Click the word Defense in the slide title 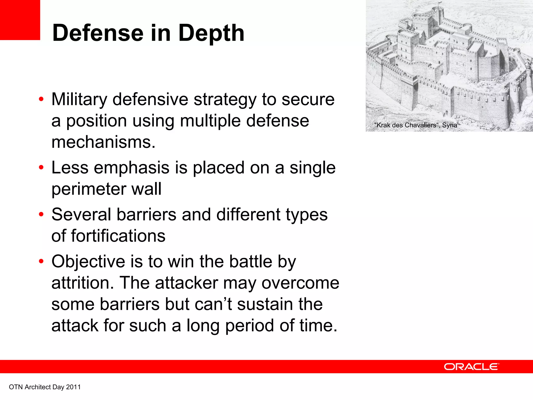(x=98, y=33)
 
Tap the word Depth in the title (x=211, y=33)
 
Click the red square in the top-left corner (x=20, y=20)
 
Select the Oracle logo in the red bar (x=471, y=367)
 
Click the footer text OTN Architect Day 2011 (x=45, y=387)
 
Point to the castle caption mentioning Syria (x=416, y=125)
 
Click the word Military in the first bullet (x=79, y=100)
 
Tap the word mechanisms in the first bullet (x=103, y=142)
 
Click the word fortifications (x=118, y=236)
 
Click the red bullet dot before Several (x=41, y=215)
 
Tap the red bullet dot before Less (x=41, y=167)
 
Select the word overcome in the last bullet (x=300, y=283)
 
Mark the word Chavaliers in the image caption (x=420, y=125)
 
